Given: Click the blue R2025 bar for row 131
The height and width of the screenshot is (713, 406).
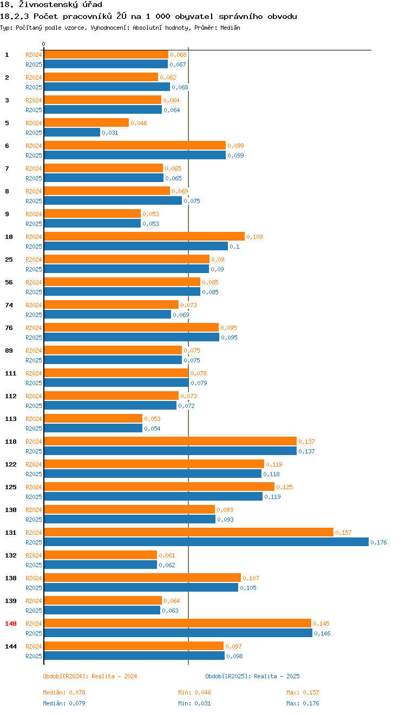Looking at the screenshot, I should click(206, 542).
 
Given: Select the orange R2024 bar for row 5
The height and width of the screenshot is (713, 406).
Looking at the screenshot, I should click(87, 122).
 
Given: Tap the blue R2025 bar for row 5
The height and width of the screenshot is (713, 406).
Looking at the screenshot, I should click(72, 132).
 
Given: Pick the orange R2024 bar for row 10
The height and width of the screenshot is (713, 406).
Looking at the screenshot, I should click(144, 236).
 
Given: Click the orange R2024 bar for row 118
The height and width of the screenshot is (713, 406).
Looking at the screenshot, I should click(170, 441).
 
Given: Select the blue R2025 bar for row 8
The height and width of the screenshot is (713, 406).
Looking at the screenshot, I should click(113, 200).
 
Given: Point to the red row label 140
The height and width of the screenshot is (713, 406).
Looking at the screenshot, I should click(11, 624).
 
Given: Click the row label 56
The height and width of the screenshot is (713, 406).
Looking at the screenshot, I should click(9, 282).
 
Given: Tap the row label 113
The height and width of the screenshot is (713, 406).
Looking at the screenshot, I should click(11, 419).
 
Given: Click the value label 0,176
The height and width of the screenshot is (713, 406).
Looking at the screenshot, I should click(378, 542).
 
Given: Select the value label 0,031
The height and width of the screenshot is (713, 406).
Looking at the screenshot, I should click(110, 133).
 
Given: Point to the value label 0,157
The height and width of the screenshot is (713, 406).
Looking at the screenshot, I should click(343, 533).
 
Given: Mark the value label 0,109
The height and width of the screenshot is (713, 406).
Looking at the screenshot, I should click(254, 237).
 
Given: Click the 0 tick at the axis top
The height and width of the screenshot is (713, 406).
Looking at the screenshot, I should click(44, 44).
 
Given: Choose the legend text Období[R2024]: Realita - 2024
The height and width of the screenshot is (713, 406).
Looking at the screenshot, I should click(90, 676).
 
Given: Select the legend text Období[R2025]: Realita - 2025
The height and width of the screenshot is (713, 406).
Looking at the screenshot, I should click(252, 676).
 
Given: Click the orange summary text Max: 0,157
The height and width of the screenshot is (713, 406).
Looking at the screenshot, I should click(303, 692).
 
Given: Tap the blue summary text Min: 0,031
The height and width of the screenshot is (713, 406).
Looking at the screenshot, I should click(194, 703).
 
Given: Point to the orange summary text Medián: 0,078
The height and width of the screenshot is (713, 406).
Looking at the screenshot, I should click(64, 692).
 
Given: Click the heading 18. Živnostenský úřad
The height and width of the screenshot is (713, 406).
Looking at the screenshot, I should click(51, 5).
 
